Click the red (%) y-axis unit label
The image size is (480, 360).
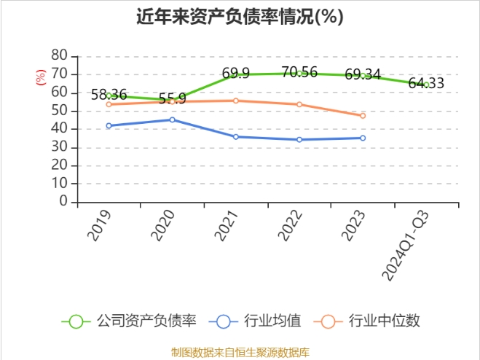pyautogui.click(x=41, y=76)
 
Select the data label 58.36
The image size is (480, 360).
pyautogui.click(x=109, y=95)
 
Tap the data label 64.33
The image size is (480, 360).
pyautogui.click(x=426, y=83)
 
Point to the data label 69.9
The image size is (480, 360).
pyautogui.click(x=236, y=73)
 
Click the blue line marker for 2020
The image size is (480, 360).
pyautogui.click(x=172, y=120)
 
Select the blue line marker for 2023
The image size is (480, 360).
pyautogui.click(x=363, y=138)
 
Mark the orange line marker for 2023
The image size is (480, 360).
pyautogui.click(x=363, y=115)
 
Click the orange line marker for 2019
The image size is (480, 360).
pyautogui.click(x=109, y=104)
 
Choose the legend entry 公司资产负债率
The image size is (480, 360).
pyautogui.click(x=130, y=321)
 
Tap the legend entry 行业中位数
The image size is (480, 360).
pyautogui.click(x=371, y=321)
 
